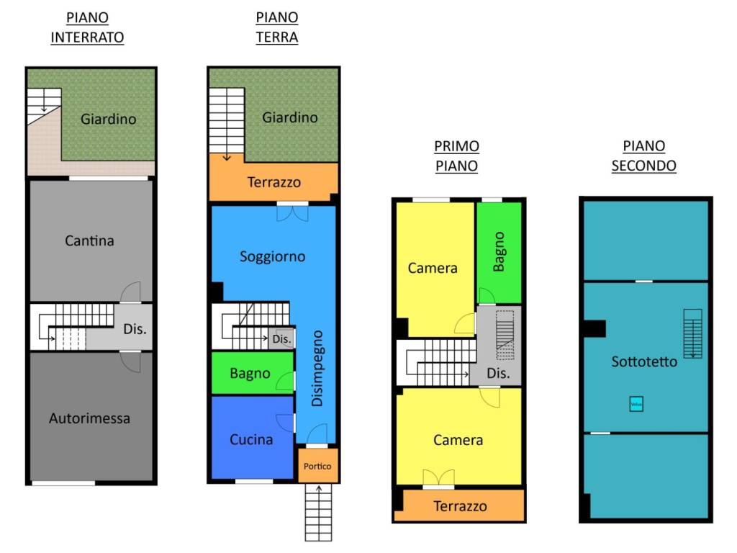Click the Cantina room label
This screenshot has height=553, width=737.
click(89, 240)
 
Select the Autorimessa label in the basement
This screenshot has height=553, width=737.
click(89, 418)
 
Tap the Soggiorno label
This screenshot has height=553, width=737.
click(272, 256)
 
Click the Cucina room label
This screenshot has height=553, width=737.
click(251, 439)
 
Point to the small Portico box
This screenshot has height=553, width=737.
click(317, 466)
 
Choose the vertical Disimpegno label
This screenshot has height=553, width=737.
click(317, 368)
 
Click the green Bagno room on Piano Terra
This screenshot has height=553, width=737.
click(250, 373)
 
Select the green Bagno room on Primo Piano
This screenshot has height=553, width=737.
click(498, 251)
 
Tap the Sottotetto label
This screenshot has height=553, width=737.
click(644, 361)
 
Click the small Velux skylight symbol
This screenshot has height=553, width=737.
click(636, 404)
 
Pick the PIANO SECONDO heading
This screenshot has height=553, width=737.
click(643, 156)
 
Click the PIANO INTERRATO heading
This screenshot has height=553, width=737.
click(87, 28)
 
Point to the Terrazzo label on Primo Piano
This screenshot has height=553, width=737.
click(460, 506)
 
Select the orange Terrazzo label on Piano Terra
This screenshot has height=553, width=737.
click(274, 182)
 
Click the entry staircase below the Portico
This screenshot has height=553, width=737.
click(318, 512)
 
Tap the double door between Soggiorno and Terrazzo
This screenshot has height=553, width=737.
click(292, 212)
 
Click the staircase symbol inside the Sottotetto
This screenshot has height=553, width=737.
click(692, 333)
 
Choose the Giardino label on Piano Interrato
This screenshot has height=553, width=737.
click(108, 119)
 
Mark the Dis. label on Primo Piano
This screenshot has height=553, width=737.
click(498, 374)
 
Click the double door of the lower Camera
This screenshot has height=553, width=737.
click(438, 477)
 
